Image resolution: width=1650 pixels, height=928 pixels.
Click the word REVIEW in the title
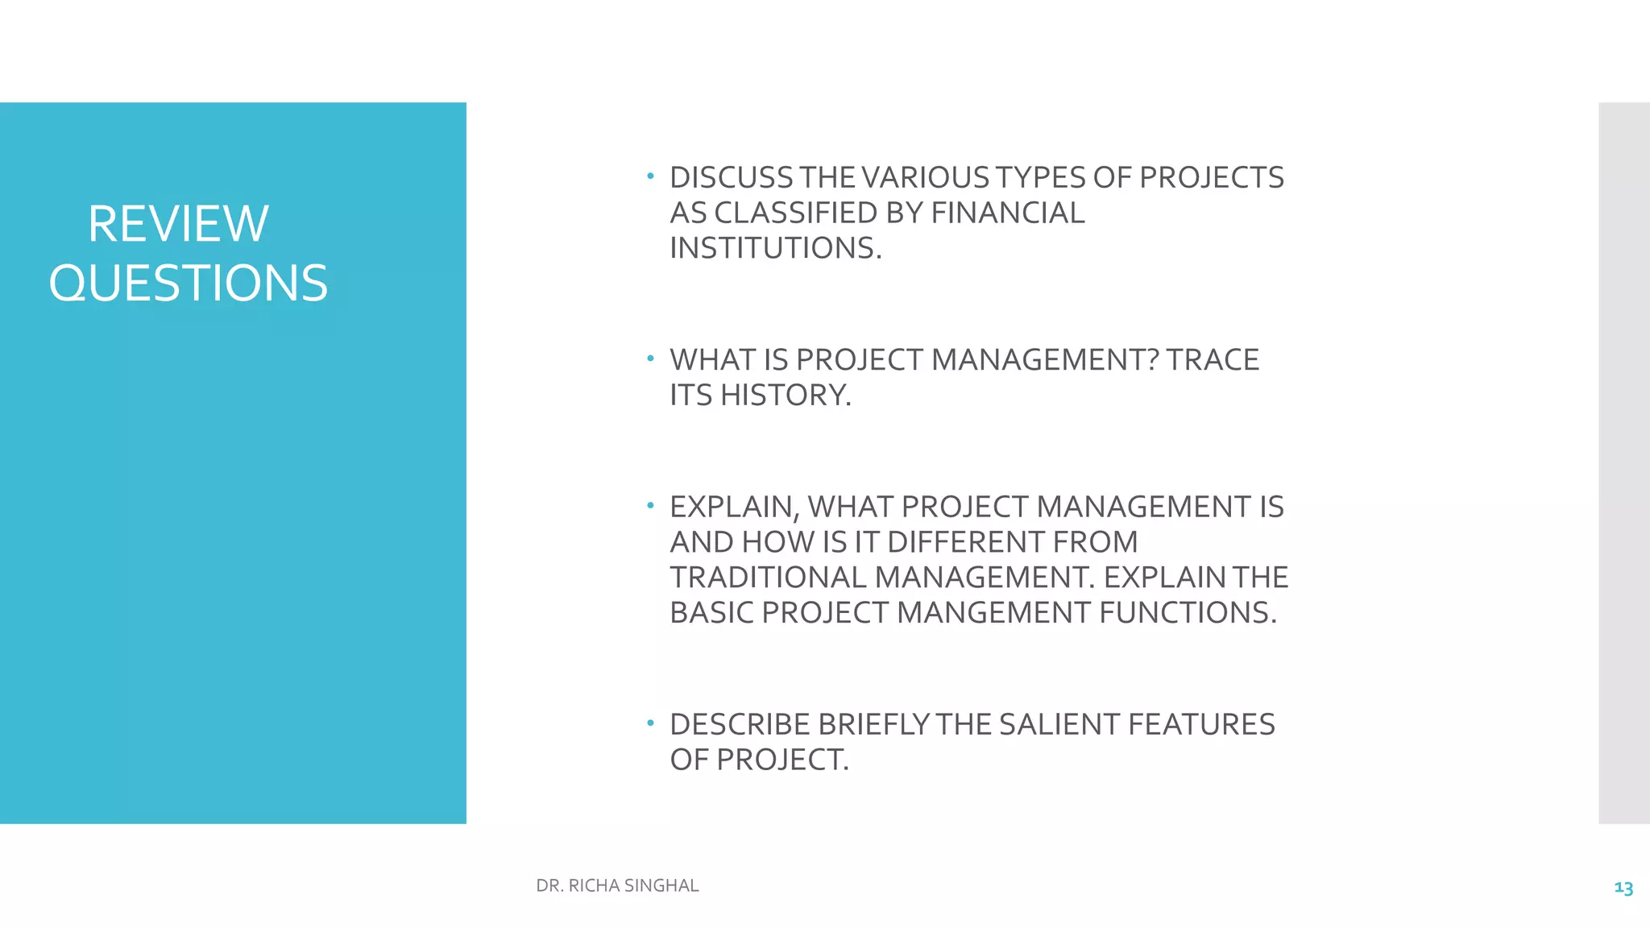(178, 224)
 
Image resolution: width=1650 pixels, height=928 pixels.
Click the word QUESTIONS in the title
(188, 284)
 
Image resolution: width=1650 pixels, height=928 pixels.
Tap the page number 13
(1623, 888)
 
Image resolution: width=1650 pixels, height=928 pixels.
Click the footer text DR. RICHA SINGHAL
(617, 885)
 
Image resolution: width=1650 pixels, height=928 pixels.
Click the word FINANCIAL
(1008, 213)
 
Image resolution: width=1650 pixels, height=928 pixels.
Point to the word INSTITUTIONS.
(775, 248)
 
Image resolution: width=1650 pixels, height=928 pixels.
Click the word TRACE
(1213, 360)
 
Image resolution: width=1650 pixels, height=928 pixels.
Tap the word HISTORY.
(785, 396)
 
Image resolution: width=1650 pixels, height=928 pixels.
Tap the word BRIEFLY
(873, 725)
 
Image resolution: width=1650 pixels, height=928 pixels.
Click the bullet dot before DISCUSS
(650, 176)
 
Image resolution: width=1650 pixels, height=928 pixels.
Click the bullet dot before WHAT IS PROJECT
(650, 358)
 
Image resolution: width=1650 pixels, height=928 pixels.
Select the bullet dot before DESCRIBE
(650, 723)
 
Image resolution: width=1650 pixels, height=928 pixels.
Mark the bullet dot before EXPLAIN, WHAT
(650, 505)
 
